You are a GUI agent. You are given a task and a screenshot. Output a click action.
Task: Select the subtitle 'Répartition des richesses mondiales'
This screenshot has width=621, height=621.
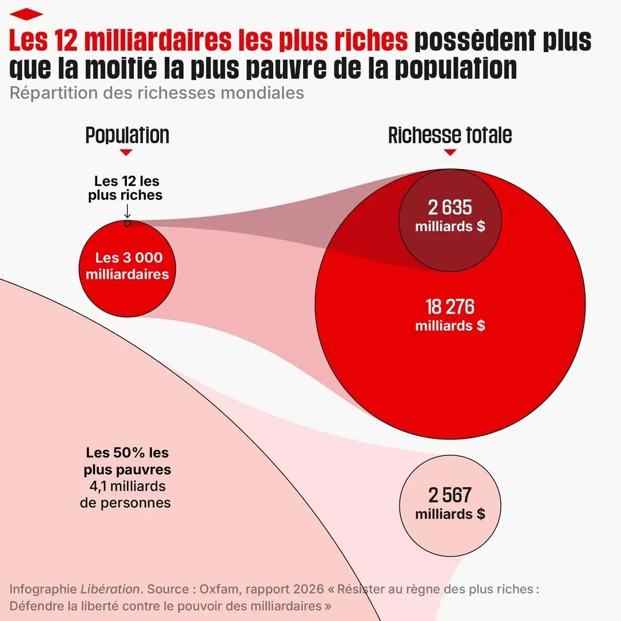[x=156, y=93]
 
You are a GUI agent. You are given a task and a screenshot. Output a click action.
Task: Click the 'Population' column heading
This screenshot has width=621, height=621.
[x=127, y=135]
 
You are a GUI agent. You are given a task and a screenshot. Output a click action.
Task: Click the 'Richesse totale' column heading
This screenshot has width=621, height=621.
[x=450, y=135]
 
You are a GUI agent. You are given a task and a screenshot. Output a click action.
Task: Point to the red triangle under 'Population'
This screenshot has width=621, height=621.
[x=126, y=152]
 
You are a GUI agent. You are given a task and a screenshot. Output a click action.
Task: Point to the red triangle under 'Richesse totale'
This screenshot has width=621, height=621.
[x=450, y=152]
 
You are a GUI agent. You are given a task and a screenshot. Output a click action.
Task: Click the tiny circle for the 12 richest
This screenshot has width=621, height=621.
[x=127, y=223]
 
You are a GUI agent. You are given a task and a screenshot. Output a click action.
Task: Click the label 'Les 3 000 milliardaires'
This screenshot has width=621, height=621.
[x=127, y=266]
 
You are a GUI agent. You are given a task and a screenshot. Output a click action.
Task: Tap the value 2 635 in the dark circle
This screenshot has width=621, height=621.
[x=450, y=208]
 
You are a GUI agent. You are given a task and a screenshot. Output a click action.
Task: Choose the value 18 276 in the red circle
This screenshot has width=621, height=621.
[x=450, y=307]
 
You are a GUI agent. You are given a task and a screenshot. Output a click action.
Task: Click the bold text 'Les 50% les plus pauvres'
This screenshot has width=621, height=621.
[x=127, y=461]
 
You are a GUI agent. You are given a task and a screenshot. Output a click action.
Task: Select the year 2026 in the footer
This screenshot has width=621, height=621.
[x=293, y=589]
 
